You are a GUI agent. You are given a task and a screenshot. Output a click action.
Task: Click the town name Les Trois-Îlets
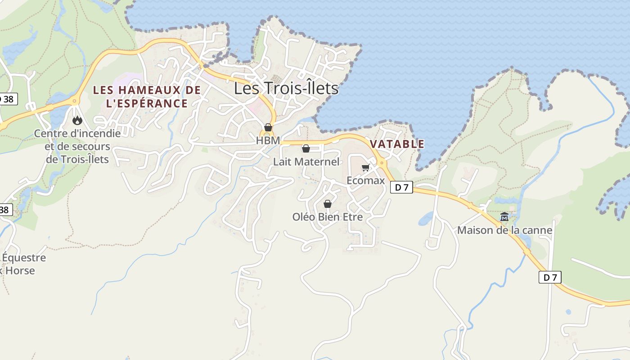coord(286,88)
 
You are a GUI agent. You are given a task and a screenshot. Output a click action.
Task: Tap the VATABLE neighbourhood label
coord(397,144)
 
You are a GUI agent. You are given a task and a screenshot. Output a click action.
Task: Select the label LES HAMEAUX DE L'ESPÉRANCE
coord(147,97)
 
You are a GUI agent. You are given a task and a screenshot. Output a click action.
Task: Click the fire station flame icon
coord(77,120)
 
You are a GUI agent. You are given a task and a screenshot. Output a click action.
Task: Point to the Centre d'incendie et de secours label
coord(77,146)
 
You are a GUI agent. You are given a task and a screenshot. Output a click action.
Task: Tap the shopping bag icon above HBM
coord(268,127)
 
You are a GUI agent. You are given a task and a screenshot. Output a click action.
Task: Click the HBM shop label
coord(268,140)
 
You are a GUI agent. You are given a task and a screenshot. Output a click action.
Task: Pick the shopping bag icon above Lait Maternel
coord(306,148)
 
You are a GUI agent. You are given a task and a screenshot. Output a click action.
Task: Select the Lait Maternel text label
coord(306,162)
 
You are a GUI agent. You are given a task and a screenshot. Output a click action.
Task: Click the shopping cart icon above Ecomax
coord(365,168)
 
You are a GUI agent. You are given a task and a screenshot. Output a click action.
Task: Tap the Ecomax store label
coord(365,180)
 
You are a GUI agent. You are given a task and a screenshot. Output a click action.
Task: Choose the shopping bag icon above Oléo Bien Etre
coord(328,204)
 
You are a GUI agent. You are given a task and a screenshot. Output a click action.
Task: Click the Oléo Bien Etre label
coord(328,216)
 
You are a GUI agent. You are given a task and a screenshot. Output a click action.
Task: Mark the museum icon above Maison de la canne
coord(504,217)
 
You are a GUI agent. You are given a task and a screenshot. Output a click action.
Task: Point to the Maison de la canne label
coord(504,230)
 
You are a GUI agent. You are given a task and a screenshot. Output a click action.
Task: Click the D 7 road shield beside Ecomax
coord(401,187)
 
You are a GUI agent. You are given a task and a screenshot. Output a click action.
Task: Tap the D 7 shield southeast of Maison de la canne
coord(550,277)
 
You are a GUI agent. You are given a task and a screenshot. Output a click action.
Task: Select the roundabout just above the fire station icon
coord(75,100)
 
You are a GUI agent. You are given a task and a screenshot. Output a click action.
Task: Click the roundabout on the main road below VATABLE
coord(382,162)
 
